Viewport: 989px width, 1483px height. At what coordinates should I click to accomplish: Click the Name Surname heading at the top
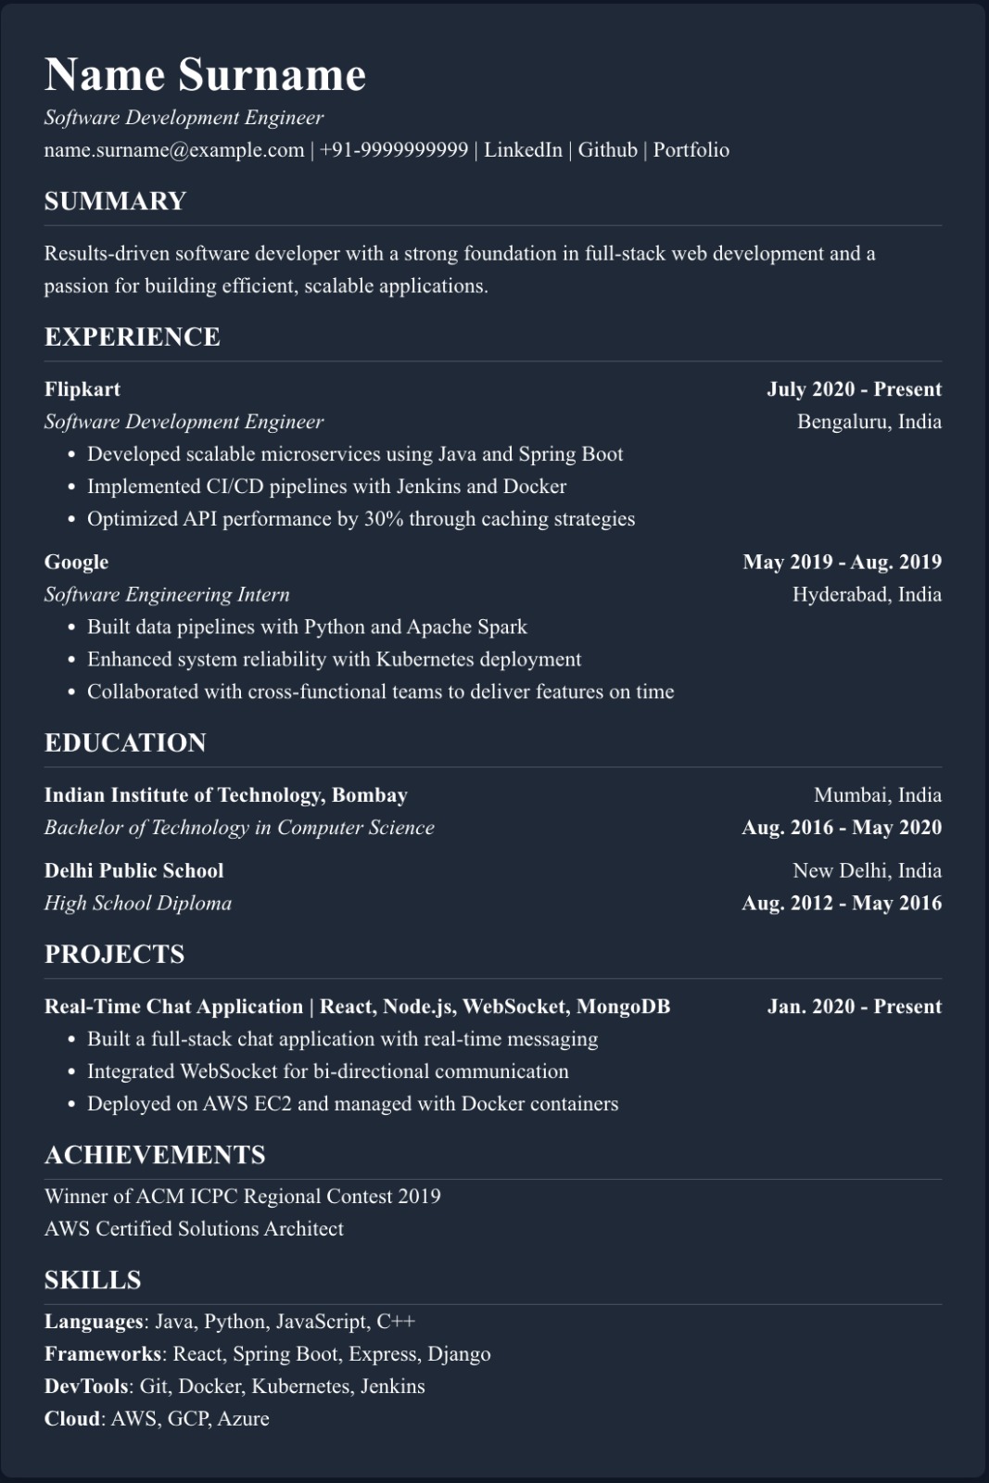pos(205,75)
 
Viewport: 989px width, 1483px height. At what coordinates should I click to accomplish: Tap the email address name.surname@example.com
pos(174,150)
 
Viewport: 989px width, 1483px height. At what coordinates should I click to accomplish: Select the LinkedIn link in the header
pos(523,150)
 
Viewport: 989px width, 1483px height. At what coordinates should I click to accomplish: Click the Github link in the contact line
pos(607,150)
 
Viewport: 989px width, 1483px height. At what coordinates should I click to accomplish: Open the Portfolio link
pos(691,150)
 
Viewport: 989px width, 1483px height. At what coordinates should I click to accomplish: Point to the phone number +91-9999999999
pos(394,150)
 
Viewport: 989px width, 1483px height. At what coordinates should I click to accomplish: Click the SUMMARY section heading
pos(115,201)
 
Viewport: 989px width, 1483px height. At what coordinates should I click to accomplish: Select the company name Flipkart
pos(82,389)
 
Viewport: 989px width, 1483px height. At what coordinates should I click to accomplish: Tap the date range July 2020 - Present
pos(854,389)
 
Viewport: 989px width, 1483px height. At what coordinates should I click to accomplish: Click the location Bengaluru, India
pos(869,422)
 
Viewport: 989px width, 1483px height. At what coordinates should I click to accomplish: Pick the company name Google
pos(76,562)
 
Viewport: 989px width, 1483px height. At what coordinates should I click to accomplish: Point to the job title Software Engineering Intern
pos(167,594)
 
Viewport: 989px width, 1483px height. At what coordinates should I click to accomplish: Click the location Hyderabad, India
pos(867,594)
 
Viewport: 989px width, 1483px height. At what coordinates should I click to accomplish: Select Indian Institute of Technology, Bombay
pos(226,795)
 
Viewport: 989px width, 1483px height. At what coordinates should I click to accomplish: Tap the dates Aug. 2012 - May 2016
pos(841,903)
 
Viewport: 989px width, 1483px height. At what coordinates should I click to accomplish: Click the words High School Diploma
pos(138,903)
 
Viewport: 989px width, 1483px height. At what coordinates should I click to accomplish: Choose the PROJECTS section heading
pos(114,954)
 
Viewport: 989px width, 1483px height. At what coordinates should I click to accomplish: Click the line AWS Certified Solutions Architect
pos(194,1229)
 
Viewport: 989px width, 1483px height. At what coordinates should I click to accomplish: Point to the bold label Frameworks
pos(103,1354)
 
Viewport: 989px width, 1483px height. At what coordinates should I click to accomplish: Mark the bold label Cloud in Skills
pos(71,1419)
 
